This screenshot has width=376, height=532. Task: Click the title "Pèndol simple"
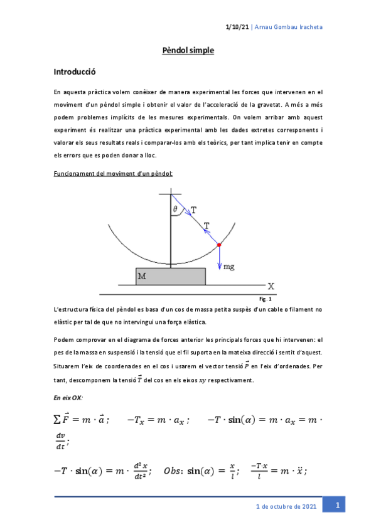(188, 51)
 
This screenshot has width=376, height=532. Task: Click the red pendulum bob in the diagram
(219, 244)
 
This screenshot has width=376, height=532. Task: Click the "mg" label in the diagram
(230, 266)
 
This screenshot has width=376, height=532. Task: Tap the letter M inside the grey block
(142, 275)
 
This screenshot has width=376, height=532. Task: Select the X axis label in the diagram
(271, 285)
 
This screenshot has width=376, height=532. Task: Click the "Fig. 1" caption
(266, 299)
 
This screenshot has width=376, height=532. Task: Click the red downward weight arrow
(219, 257)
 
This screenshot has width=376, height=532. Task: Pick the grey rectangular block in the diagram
(170, 277)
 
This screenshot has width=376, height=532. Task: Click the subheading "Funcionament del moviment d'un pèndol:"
(114, 173)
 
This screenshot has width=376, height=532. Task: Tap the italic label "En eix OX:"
(68, 398)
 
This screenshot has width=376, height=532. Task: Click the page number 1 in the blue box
(337, 506)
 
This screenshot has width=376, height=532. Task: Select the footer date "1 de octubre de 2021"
(287, 506)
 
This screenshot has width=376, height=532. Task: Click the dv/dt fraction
(60, 442)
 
